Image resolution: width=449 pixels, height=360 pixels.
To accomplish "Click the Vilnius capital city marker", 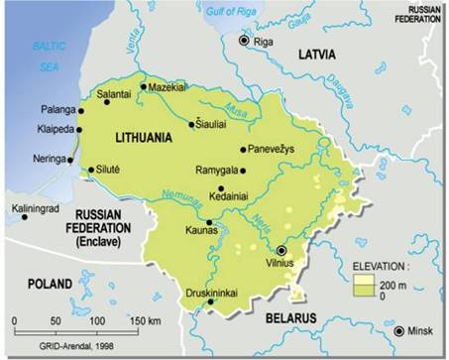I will click(283, 251).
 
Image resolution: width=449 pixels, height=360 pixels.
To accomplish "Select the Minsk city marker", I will click(398, 331).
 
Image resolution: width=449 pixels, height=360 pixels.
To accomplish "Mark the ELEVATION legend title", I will click(384, 266).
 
